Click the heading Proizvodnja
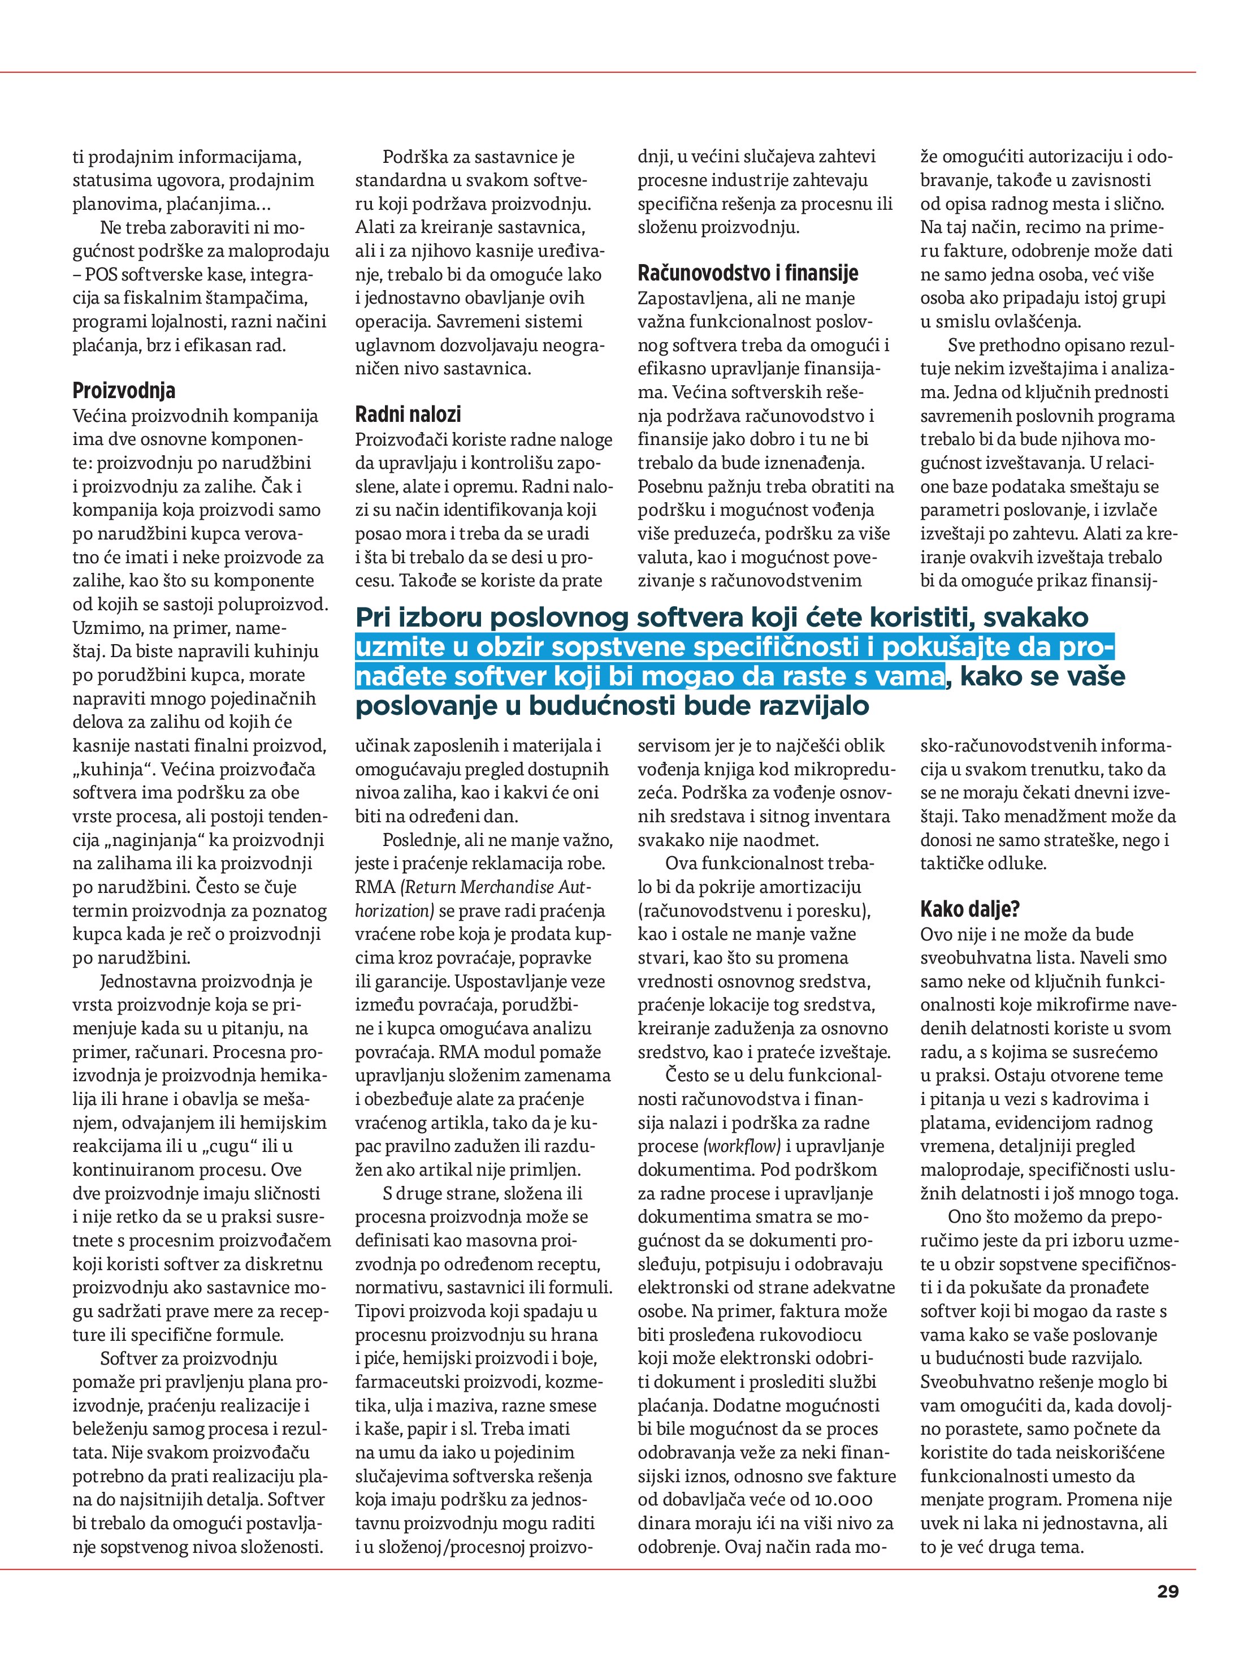(124, 391)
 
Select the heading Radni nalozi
(408, 415)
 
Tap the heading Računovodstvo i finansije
(748, 274)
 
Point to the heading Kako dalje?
(969, 909)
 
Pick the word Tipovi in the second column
(378, 1311)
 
